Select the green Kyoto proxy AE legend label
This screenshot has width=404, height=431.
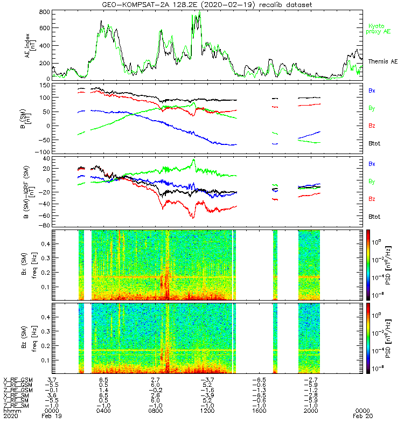379,29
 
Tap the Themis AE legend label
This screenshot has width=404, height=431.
383,61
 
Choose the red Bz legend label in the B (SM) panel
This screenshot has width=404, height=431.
372,126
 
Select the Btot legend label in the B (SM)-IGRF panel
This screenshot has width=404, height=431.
374,217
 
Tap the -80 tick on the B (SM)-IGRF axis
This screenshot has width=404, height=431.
44,225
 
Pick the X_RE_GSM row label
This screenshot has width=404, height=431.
17,380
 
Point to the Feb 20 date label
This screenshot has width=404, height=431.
361,416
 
